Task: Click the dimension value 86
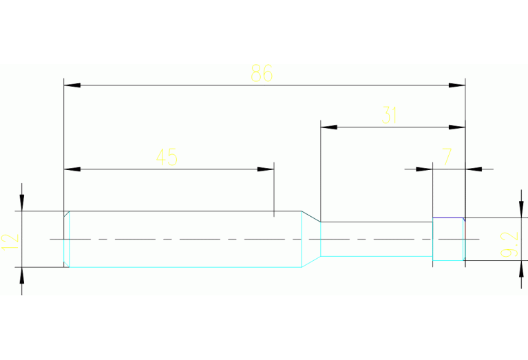(262, 74)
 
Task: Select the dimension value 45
(167, 158)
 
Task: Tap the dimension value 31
(390, 116)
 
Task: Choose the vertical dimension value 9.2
(510, 244)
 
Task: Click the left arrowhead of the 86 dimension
(72, 85)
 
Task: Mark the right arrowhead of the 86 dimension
(457, 85)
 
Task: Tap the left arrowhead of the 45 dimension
(72, 169)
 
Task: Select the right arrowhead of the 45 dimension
(266, 169)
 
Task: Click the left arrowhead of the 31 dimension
(329, 127)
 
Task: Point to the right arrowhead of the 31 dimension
(457, 127)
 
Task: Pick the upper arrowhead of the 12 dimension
(22, 202)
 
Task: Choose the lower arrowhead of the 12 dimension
(22, 275)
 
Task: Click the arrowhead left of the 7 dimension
(423, 169)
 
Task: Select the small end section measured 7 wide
(448, 240)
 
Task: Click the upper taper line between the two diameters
(311, 216)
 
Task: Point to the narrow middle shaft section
(376, 239)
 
